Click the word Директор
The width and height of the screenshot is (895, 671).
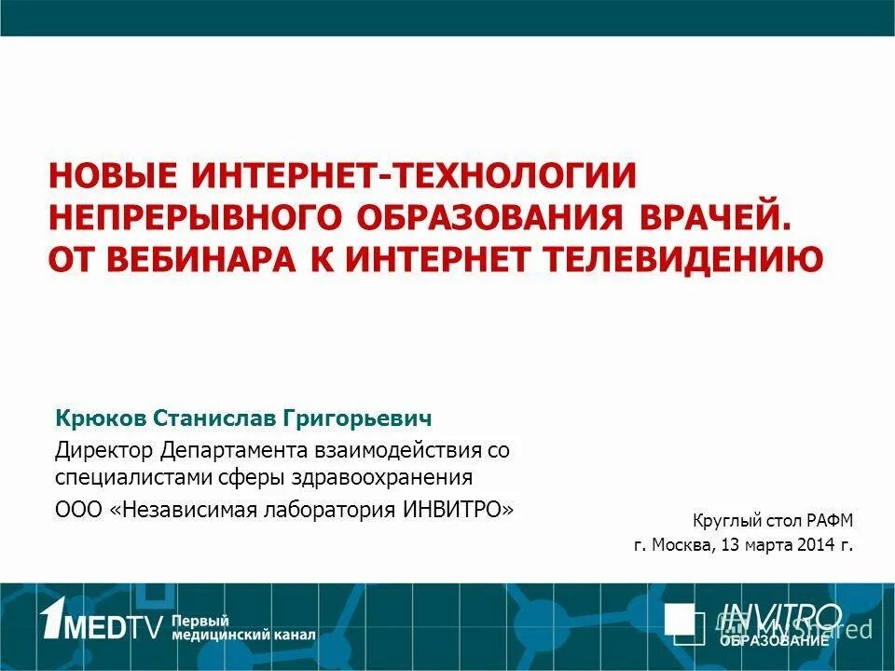pyautogui.click(x=103, y=451)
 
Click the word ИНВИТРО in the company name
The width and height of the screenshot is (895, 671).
pyautogui.click(x=457, y=510)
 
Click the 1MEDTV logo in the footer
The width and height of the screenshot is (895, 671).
pyautogui.click(x=102, y=622)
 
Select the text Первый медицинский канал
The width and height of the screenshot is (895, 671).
pyautogui.click(x=243, y=628)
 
